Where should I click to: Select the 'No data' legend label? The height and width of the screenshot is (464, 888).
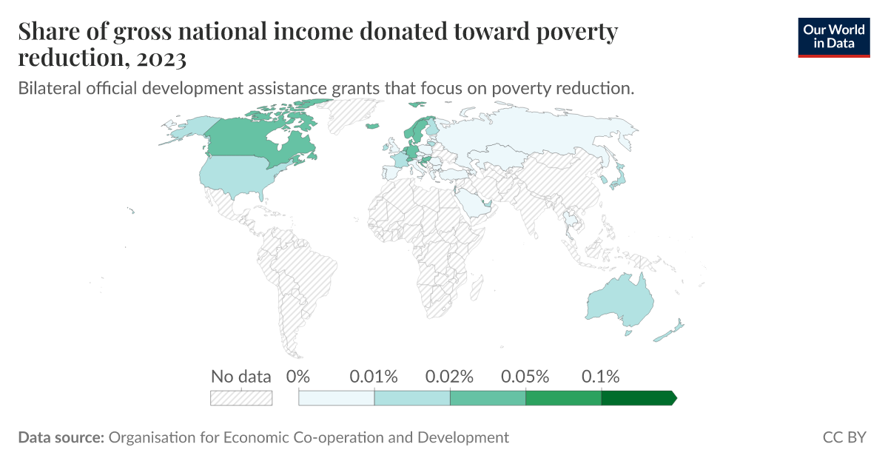click(x=241, y=376)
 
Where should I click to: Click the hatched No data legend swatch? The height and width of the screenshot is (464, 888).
click(x=241, y=398)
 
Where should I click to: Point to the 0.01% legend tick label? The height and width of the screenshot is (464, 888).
click(x=374, y=376)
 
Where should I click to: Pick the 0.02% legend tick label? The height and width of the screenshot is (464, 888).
click(x=450, y=376)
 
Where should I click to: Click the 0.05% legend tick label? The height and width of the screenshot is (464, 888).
click(x=525, y=376)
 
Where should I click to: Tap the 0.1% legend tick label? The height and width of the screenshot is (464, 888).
click(x=600, y=376)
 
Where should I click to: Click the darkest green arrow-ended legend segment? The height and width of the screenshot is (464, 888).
click(x=636, y=398)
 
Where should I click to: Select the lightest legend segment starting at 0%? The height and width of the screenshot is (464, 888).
click(x=337, y=398)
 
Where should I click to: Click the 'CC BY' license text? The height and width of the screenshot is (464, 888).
click(x=844, y=437)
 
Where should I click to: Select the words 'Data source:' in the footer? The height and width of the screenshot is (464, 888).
click(x=61, y=437)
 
